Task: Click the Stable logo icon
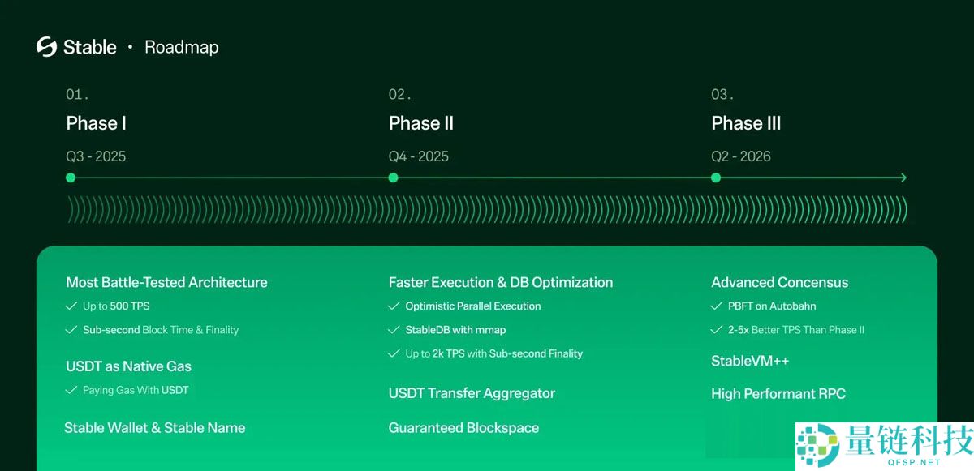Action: [46, 47]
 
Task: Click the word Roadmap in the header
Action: [181, 47]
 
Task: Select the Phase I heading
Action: [96, 123]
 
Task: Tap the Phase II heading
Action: [420, 123]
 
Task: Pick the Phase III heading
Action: [746, 123]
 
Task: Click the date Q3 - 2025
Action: [96, 156]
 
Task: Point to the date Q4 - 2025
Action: [418, 156]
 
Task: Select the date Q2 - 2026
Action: [741, 156]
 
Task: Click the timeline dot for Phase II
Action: [393, 178]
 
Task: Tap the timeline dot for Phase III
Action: [715, 178]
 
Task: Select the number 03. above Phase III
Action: [722, 95]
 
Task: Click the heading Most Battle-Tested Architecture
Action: [166, 282]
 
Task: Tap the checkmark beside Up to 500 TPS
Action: [71, 306]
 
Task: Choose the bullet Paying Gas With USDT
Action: [135, 390]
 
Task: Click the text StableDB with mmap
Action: [455, 330]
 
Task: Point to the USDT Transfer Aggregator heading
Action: [472, 393]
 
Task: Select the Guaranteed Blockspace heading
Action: [463, 427]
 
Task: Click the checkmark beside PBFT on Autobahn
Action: [716, 306]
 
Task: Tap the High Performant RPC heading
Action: [778, 393]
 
